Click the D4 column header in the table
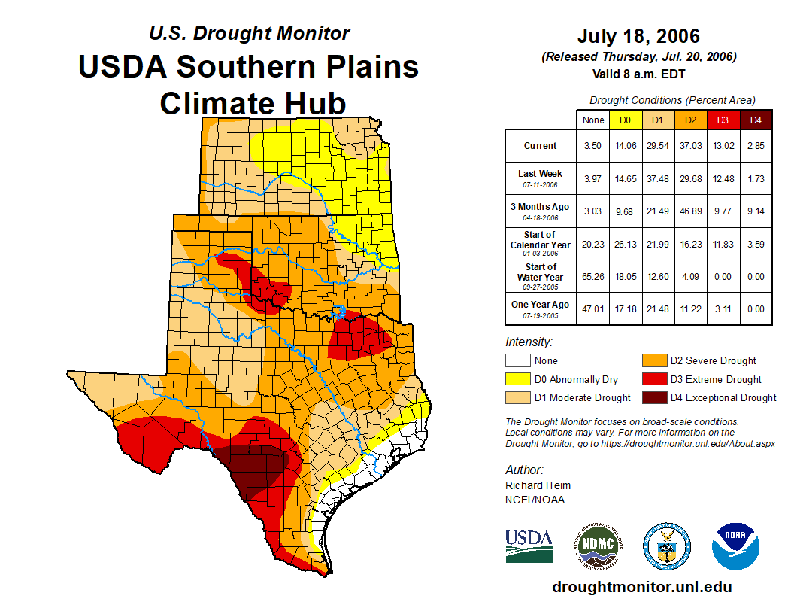[756, 120]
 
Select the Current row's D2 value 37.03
[690, 146]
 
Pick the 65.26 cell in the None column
[593, 276]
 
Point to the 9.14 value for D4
[756, 211]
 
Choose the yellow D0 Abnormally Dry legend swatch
[517, 379]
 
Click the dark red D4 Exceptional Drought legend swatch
[653, 397]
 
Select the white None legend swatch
[517, 361]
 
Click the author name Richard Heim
[538, 485]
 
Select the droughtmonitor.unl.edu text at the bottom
[641, 587]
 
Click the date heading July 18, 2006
[638, 36]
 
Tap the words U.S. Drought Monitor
[249, 33]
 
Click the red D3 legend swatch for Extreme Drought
[653, 379]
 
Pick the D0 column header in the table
[626, 120]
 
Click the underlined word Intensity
[529, 342]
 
